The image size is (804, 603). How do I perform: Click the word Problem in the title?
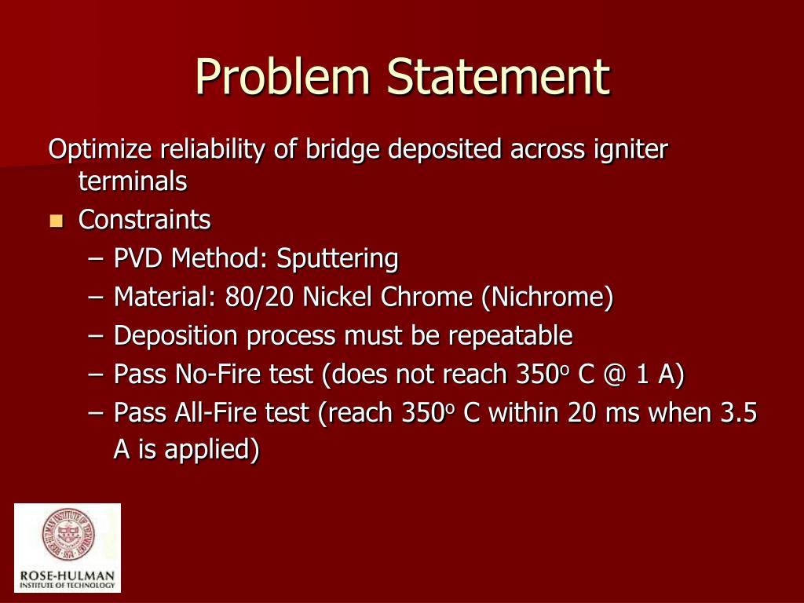coord(283,77)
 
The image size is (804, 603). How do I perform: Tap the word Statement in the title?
coord(497,77)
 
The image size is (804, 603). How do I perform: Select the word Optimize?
coord(100,149)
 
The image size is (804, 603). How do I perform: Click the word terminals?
coord(133,182)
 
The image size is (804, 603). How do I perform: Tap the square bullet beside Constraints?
coord(55,221)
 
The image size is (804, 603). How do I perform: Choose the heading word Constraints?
coord(144,220)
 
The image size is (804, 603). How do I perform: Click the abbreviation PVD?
coord(139,258)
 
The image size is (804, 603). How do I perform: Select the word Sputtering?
coord(338,258)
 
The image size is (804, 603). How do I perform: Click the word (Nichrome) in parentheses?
coord(547,297)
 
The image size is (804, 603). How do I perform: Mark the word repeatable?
coord(510,336)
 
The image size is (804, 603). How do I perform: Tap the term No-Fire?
coord(217,375)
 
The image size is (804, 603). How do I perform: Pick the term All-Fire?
coord(216,413)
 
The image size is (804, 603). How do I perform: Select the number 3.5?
coord(738,413)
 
